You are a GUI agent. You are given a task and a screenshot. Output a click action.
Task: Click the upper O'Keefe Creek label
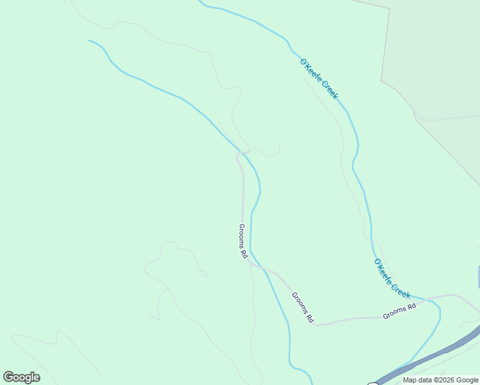pos(318,79)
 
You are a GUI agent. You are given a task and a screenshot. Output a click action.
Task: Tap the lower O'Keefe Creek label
pos(391,278)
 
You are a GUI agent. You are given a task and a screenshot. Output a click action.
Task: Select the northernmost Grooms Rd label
pos(243,241)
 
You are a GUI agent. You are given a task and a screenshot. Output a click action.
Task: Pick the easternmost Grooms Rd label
pos(400,311)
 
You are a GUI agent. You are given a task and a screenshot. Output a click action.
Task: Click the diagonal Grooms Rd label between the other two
pos(302,307)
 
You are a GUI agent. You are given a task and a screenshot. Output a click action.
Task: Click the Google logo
pos(21,377)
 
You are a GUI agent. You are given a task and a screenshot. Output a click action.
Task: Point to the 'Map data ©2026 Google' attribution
pos(440,380)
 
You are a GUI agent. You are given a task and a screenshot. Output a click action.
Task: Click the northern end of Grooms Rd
pos(239,155)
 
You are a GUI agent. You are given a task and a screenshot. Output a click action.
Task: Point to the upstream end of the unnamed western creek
pos(90,40)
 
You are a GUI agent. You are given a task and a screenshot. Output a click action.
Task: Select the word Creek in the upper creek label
pos(328,89)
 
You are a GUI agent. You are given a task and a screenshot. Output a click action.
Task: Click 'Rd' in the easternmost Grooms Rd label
pos(411,307)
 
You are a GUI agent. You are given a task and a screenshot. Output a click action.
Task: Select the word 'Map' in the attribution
pos(409,380)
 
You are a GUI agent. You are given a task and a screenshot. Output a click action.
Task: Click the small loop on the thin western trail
pos(204,274)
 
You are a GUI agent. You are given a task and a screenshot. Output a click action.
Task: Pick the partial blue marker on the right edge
pos(479,277)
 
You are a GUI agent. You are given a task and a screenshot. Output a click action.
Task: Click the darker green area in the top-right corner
pos(436,51)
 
